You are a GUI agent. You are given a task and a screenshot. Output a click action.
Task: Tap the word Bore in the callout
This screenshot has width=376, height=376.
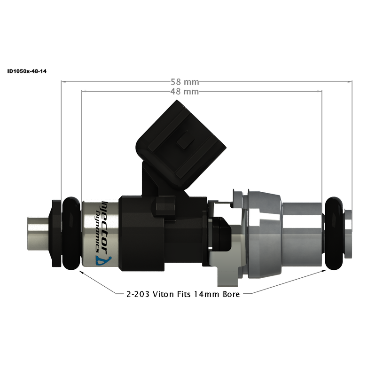[231, 295]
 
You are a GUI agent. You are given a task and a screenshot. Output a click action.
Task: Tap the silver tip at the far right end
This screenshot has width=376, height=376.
[348, 234]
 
